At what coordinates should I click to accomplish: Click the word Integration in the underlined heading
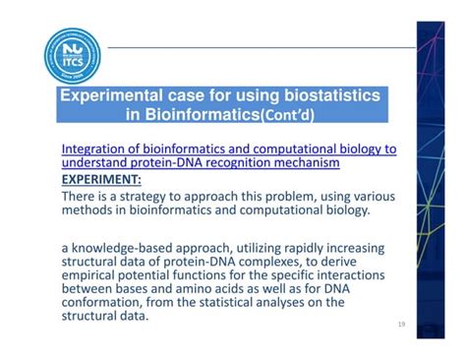click(98, 149)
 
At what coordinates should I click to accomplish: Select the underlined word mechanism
click(316, 163)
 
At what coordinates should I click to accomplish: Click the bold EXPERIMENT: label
click(101, 180)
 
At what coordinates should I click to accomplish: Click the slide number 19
click(400, 325)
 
